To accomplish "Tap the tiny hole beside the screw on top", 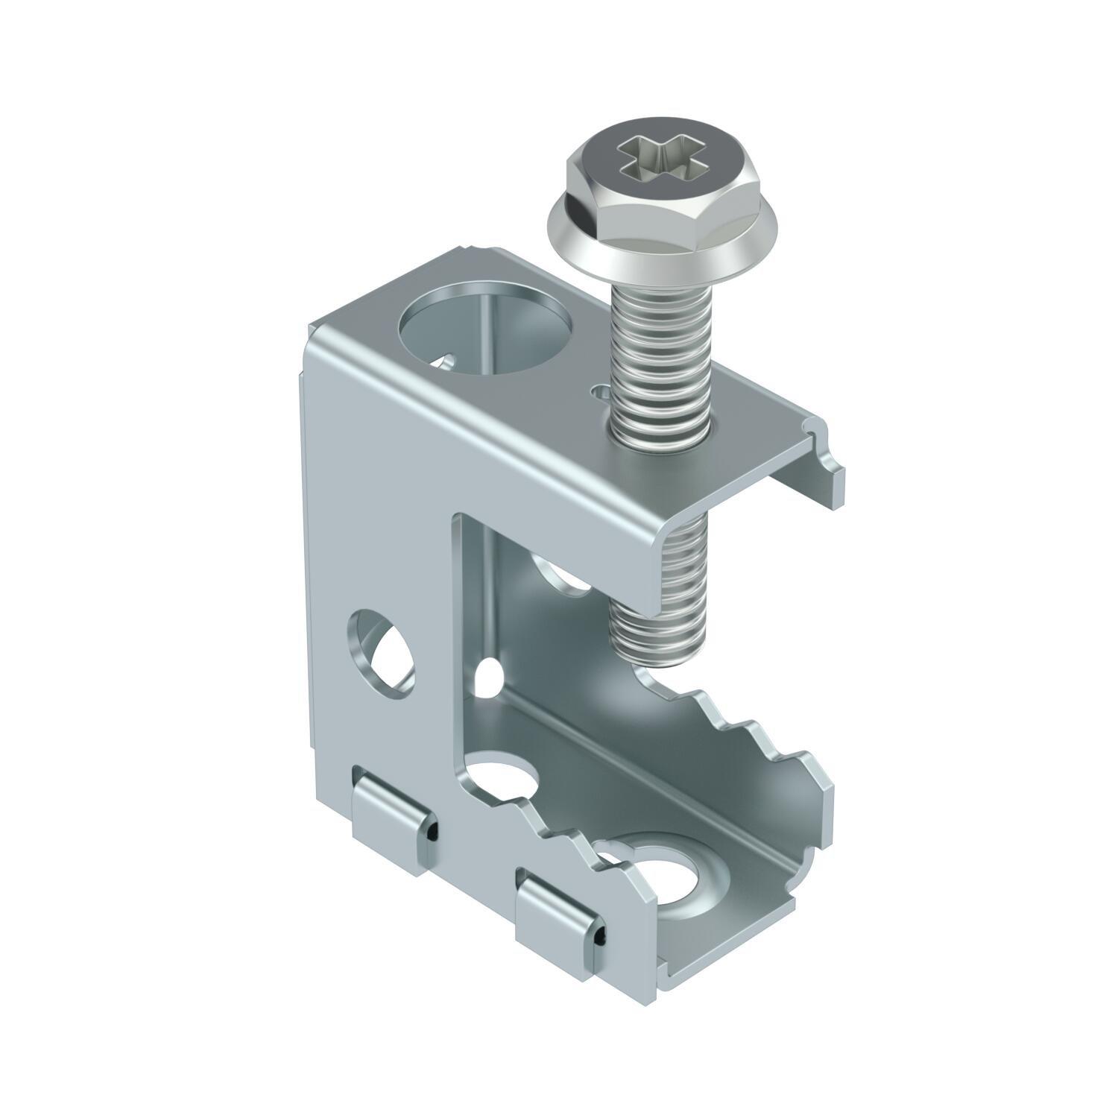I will point(597,389).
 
